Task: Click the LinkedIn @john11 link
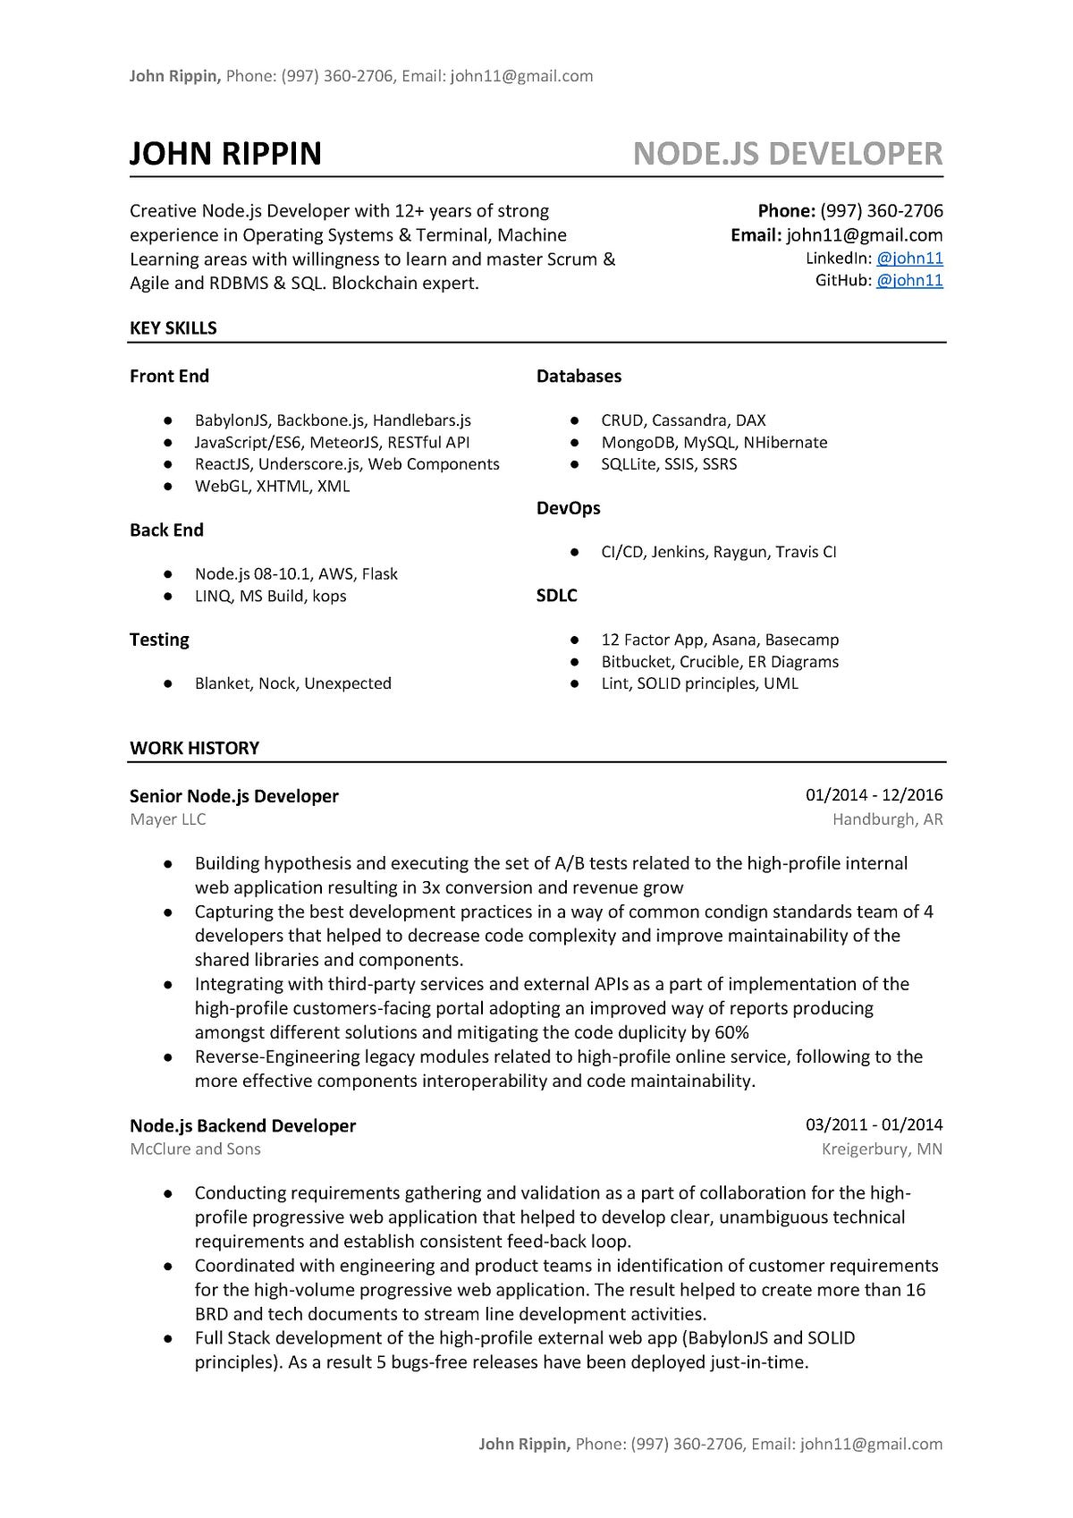pos(909,259)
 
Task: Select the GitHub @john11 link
pos(909,281)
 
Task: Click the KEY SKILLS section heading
pos(173,328)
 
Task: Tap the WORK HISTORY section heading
pos(194,748)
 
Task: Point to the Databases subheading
pos(579,377)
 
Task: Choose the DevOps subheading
pos(568,508)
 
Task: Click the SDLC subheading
pos(556,596)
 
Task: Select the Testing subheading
pos(159,640)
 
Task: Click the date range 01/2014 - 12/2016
pos(874,795)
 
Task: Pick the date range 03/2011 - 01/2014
pos(874,1125)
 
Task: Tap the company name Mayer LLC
pos(167,819)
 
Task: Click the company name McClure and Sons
pos(195,1149)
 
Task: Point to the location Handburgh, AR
pos(887,819)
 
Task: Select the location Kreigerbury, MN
pos(882,1149)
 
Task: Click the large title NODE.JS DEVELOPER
pos(787,154)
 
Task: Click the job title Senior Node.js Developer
pos(233,796)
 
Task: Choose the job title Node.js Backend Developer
pos(242,1126)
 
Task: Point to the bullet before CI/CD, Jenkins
pos(574,553)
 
